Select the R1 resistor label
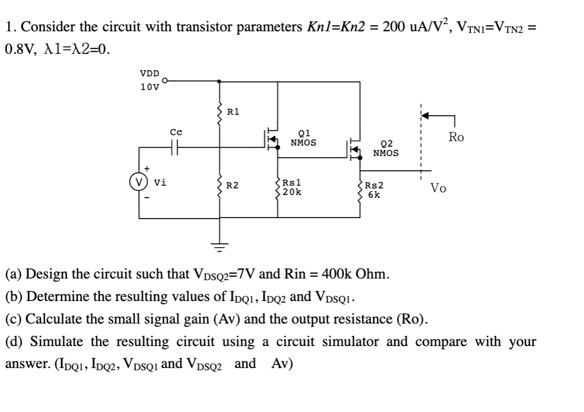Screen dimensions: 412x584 [233, 112]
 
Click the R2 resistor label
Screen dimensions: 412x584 [233, 186]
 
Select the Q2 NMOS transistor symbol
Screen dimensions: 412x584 [354, 149]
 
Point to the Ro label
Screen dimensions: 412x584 [456, 137]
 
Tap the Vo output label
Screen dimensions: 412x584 [438, 189]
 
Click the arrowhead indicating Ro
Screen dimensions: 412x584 [425, 116]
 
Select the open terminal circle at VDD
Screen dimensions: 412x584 [163, 81]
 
